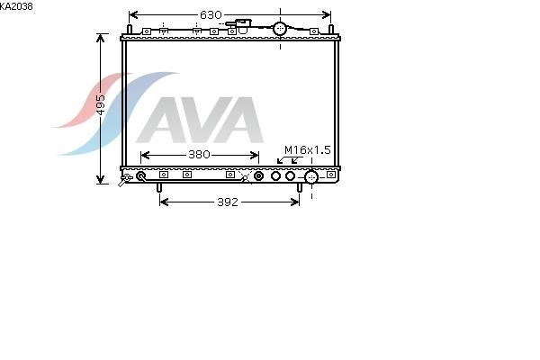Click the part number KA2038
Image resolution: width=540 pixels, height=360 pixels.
pyautogui.click(x=16, y=6)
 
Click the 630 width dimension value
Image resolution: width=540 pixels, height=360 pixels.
pyautogui.click(x=211, y=14)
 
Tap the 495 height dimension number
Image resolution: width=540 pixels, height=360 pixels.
pyautogui.click(x=100, y=104)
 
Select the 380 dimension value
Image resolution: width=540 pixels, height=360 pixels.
pyautogui.click(x=199, y=155)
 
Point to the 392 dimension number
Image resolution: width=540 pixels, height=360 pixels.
pyautogui.click(x=228, y=202)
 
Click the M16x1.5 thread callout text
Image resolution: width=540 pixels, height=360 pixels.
pyautogui.click(x=308, y=150)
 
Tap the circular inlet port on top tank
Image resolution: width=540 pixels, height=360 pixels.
pyautogui.click(x=280, y=29)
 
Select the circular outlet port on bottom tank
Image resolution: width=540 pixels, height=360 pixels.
pyautogui.click(x=311, y=177)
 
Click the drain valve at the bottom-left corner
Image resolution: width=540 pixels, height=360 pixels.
pyautogui.click(x=125, y=179)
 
